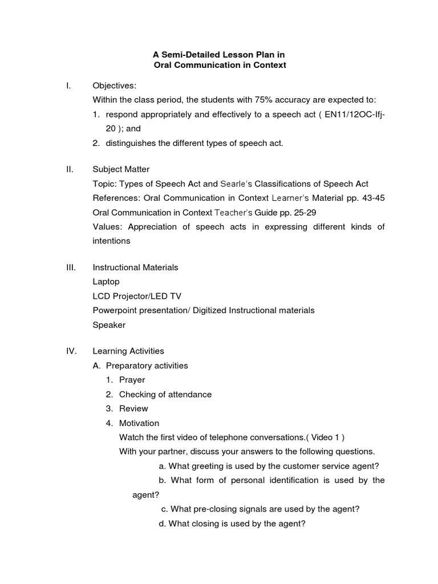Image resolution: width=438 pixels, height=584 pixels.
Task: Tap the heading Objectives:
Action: pos(115,86)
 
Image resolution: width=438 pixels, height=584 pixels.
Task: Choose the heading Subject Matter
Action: pos(121,169)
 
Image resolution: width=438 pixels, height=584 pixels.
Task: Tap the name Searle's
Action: pos(236,184)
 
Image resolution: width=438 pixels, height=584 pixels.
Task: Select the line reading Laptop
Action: pos(106,281)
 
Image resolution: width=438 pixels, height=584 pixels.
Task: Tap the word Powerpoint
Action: pos(114,310)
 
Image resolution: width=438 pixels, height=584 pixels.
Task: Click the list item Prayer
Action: pos(132,379)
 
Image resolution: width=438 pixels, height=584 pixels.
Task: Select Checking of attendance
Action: pos(165,394)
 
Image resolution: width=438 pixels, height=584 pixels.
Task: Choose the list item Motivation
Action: pos(139,423)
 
